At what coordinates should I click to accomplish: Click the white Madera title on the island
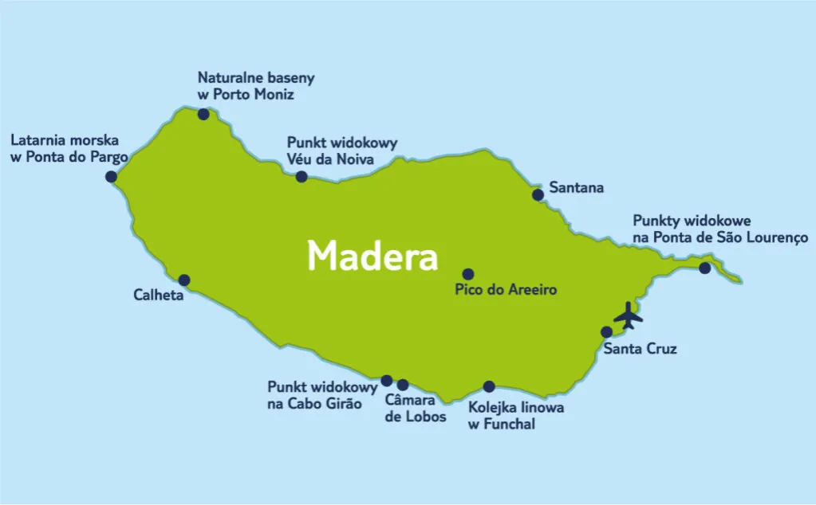(373, 256)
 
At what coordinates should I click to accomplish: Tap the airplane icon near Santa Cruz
(629, 315)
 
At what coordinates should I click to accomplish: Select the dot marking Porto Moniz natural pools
(203, 114)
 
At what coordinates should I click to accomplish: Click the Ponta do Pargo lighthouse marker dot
(111, 176)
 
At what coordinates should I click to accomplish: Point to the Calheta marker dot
(184, 280)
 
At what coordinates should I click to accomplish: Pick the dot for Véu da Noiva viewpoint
(302, 176)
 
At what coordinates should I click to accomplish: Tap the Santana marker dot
(538, 194)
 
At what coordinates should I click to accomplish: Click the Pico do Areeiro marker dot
(468, 274)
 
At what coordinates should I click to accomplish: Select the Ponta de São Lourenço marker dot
(704, 268)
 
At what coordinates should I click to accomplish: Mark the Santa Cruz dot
(606, 331)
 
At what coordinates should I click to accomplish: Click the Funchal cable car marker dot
(489, 386)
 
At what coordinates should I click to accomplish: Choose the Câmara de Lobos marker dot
(402, 385)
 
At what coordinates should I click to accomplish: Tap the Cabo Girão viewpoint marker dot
(387, 381)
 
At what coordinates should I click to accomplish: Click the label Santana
(576, 189)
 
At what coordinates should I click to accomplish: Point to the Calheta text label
(159, 296)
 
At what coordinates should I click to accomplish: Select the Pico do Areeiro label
(505, 290)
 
